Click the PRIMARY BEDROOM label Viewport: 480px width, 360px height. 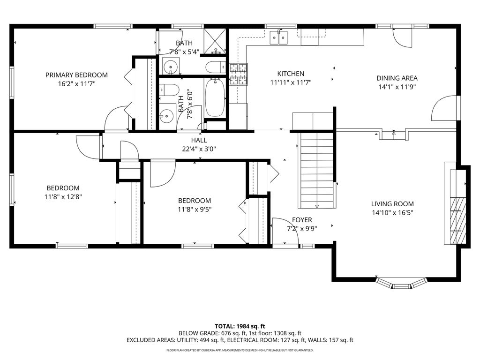pos(76,75)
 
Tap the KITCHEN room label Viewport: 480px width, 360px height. pos(291,74)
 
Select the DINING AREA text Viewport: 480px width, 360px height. pos(397,78)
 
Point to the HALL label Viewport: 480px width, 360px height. pos(199,140)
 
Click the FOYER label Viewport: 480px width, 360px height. pos(302,220)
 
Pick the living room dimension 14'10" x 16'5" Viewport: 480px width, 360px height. pos(392,212)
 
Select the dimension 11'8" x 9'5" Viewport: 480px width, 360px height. pos(194,210)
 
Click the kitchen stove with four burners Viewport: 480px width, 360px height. pos(238,74)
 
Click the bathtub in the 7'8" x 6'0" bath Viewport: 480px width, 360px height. pos(215,97)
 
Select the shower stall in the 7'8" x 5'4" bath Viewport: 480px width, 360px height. pos(216,42)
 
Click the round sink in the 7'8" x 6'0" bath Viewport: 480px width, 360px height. pos(166,114)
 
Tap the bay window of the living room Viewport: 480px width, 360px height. pos(402,283)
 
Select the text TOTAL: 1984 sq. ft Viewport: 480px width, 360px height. pos(240,326)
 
